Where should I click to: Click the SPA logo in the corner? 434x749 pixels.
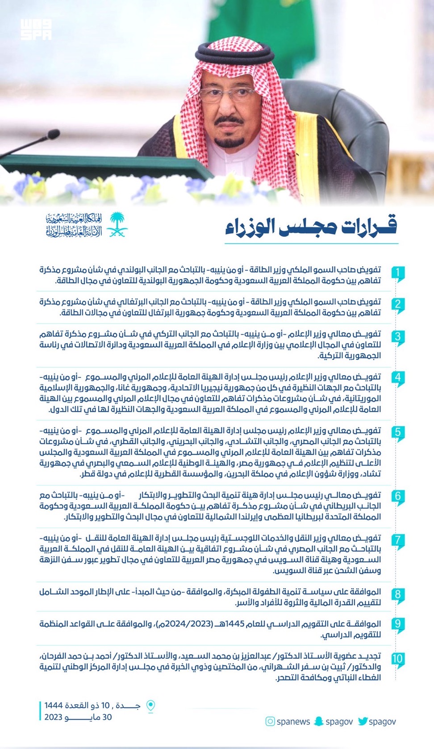pos(36,30)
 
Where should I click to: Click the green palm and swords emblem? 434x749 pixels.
pos(117,224)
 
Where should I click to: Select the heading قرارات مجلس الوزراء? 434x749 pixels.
pos(311,227)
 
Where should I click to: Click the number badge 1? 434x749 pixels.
pos(397,273)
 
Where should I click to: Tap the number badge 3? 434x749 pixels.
pos(397,337)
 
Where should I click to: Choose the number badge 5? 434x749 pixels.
pos(397,432)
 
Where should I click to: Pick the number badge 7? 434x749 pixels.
pos(397,540)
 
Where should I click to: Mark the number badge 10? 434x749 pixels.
pos(397,659)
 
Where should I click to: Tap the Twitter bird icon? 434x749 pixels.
pos(363,721)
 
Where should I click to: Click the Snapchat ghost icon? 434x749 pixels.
pos(318,721)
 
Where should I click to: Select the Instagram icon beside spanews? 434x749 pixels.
pos(270,721)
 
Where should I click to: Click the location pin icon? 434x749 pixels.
pos(151,706)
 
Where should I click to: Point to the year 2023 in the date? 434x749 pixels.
pos(53,717)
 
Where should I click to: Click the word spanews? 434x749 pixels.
pos(293,722)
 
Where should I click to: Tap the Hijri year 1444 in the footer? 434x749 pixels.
pos(54,706)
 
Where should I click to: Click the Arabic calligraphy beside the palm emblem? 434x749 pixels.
pos(74,225)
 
